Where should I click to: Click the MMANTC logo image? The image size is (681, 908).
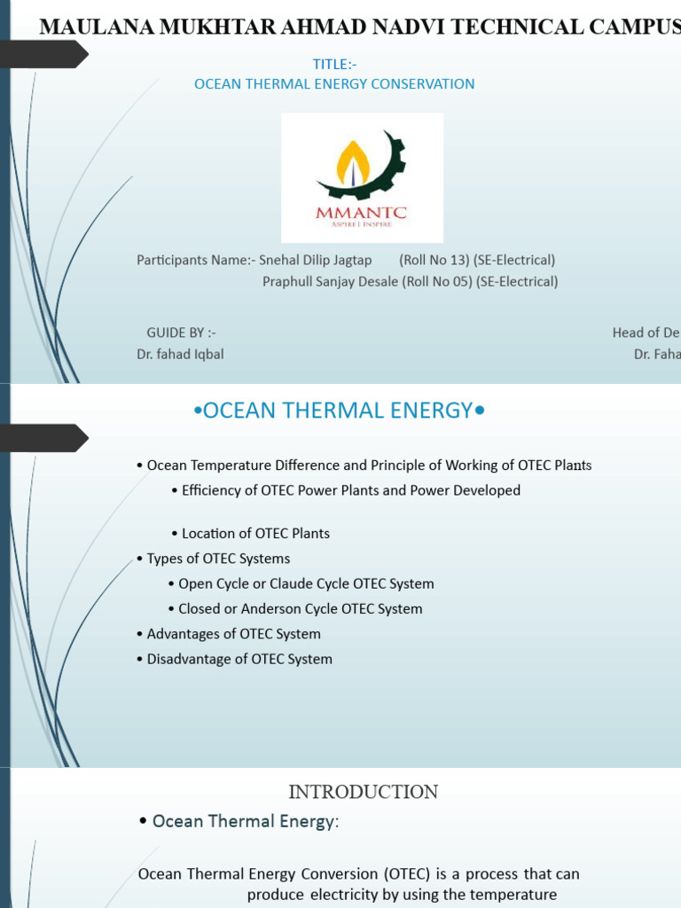pos(362,177)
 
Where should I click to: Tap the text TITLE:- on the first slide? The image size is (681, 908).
pos(335,64)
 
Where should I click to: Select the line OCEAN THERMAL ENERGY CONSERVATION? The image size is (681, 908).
pos(334,84)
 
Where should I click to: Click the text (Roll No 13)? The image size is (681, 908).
pos(434,260)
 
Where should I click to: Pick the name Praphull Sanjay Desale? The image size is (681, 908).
pos(331,282)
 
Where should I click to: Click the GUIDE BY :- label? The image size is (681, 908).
pos(182,333)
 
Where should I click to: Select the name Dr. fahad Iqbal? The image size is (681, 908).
pos(173,354)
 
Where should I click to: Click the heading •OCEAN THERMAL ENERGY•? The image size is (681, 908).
pos(340,411)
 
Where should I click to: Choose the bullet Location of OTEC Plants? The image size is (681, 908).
pos(255,534)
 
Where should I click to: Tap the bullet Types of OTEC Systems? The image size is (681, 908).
pos(218,559)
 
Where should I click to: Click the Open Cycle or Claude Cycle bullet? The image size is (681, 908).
pos(306,583)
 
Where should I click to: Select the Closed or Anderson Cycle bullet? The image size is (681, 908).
pos(300,609)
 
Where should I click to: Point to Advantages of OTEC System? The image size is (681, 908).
pos(233,634)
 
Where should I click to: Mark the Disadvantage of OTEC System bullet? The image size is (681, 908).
pos(239,659)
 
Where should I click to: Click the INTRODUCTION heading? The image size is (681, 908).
pos(364,792)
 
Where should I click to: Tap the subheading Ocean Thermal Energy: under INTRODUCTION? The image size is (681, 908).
pos(245,822)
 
